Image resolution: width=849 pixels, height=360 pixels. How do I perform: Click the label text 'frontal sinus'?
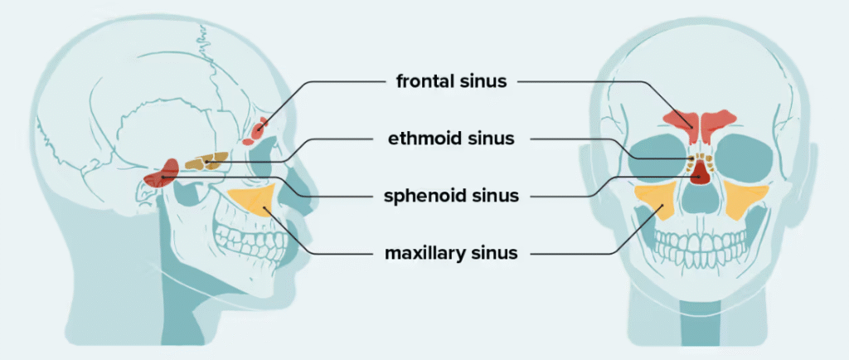[x=452, y=81]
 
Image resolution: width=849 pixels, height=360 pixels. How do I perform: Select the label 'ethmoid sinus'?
[x=452, y=139]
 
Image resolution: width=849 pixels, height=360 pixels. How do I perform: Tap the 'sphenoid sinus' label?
[x=452, y=196]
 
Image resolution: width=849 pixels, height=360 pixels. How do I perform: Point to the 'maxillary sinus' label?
[x=452, y=252]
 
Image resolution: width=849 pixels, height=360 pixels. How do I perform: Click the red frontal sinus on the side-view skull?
[x=260, y=129]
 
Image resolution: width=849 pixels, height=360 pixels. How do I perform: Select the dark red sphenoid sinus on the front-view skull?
[x=701, y=171]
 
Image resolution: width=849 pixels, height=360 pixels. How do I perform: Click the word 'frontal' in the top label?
[x=427, y=81]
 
